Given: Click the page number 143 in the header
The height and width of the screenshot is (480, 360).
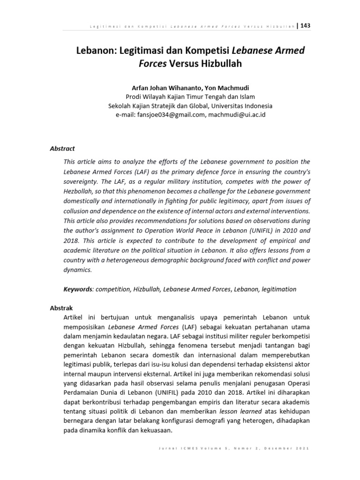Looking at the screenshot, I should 305,25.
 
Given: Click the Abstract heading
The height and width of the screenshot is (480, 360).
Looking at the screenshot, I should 62,149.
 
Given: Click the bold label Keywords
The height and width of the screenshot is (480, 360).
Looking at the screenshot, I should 77,289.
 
